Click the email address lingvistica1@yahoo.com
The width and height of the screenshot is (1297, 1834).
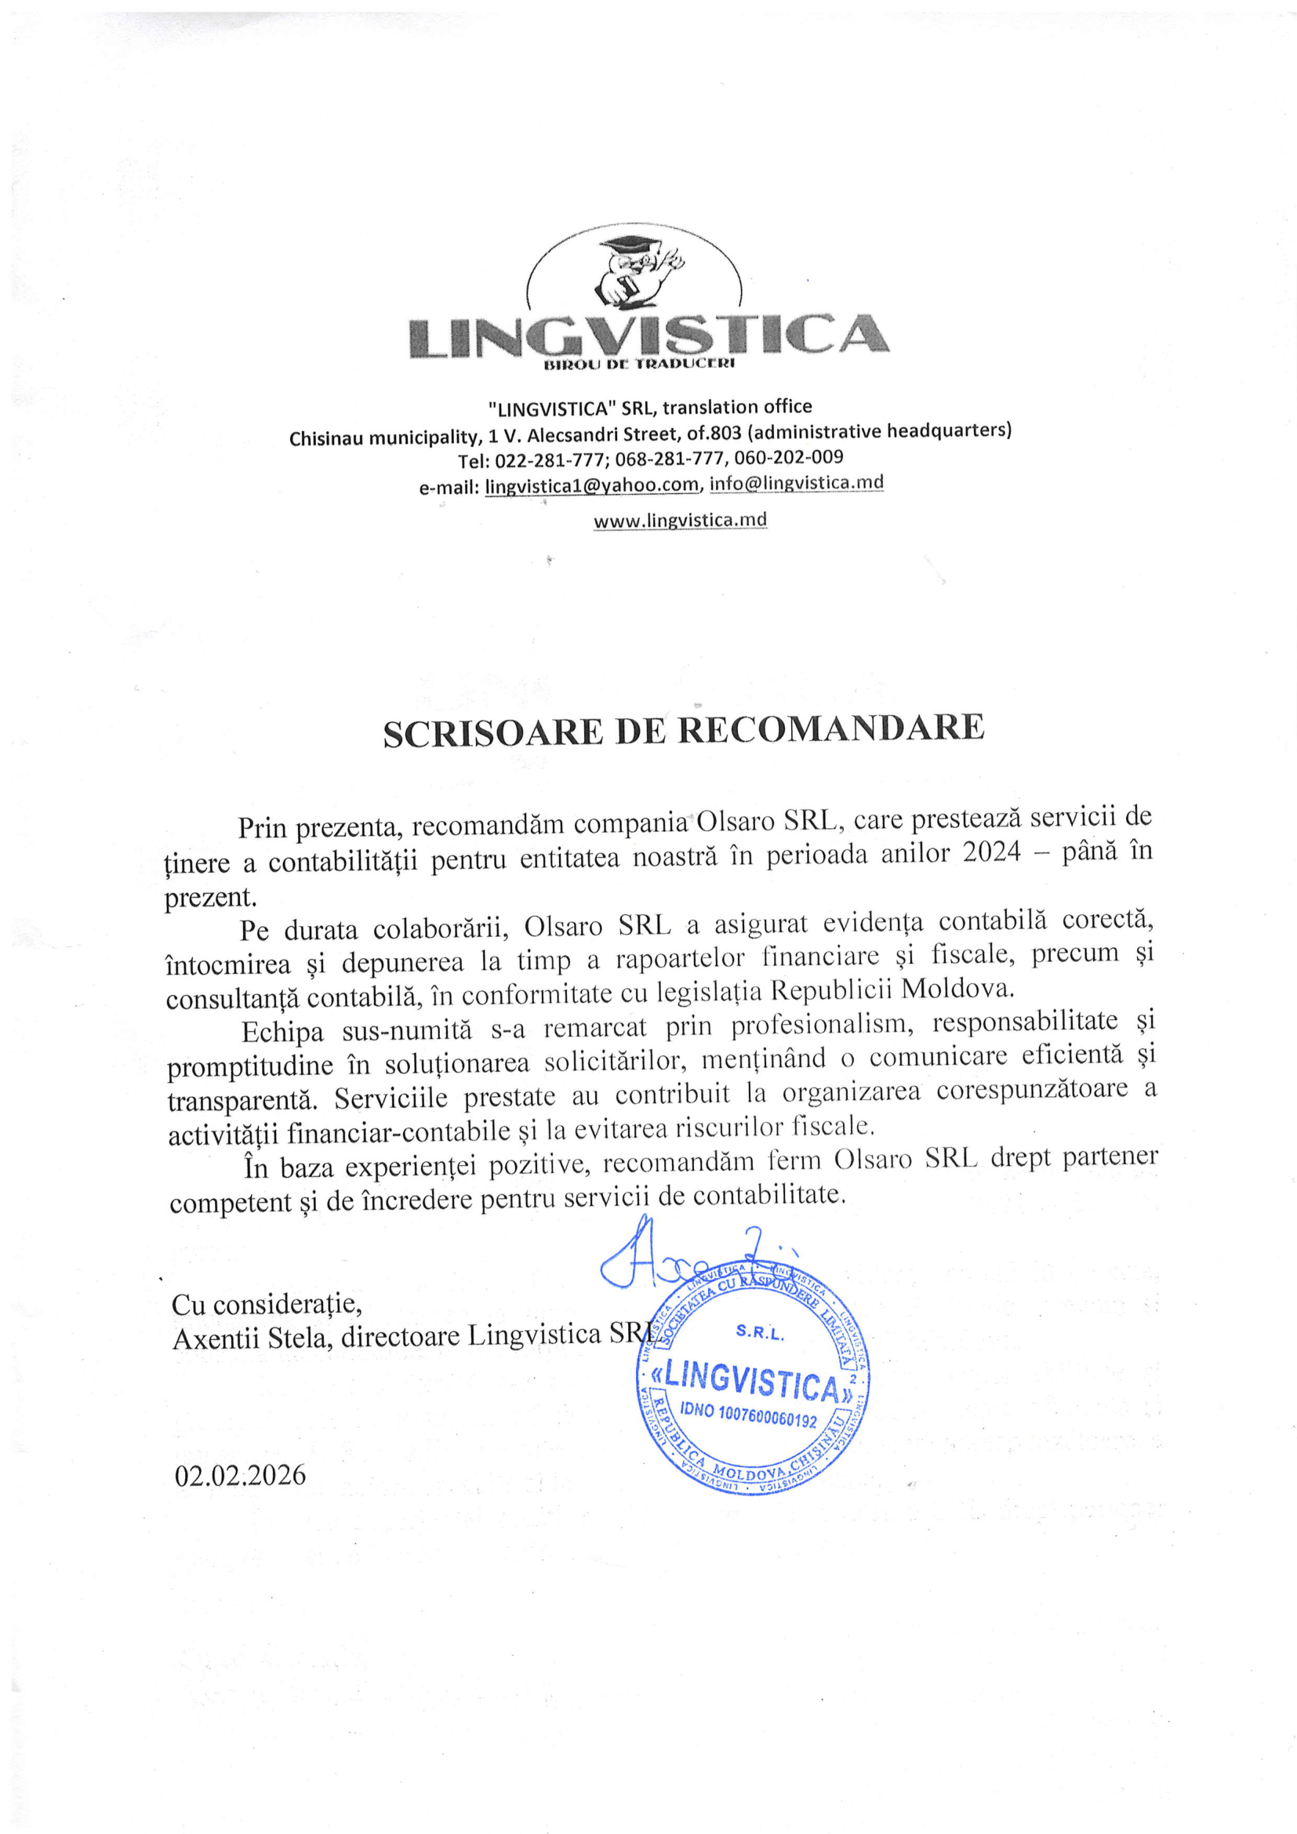[x=592, y=485]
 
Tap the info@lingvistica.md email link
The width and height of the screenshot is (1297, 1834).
[x=796, y=482]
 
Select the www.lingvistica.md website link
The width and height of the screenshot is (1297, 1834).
[x=680, y=520]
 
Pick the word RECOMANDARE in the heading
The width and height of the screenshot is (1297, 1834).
[x=830, y=728]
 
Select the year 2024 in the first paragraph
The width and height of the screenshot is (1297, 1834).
[x=991, y=852]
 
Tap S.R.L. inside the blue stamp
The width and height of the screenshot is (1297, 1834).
[x=760, y=1331]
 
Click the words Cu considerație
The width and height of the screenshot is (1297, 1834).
[x=266, y=1305]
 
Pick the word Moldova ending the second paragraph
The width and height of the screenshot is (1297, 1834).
[x=957, y=989]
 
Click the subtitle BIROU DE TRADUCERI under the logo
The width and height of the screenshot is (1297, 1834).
[x=638, y=365]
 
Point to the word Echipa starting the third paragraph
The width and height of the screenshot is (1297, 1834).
[x=283, y=1031]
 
